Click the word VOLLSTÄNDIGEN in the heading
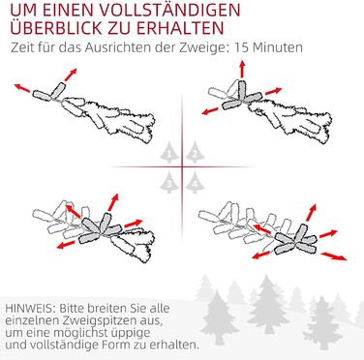pos(170,11)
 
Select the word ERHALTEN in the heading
pos(180,28)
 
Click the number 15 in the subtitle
pos(241,47)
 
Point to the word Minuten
pos(278,47)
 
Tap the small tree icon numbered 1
pos(169,152)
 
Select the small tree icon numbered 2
pos(195,152)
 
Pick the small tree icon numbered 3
pos(169,182)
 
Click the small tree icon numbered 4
pos(195,182)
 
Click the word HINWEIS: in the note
pos(30,308)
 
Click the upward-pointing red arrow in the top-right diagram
pos(242,68)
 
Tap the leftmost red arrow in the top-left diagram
pos(22,87)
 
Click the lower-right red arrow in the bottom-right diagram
pos(334,255)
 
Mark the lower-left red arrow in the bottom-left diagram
pos(66,245)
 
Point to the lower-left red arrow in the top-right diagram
pos(210,111)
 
